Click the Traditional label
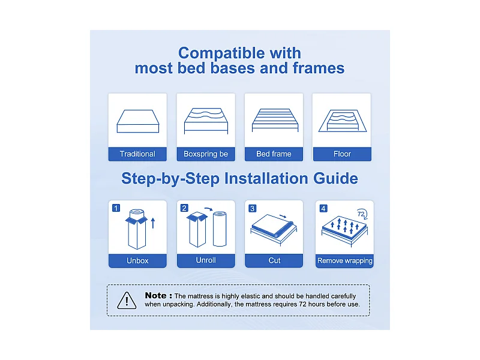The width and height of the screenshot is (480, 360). [137, 154]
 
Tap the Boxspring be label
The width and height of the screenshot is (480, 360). [206, 154]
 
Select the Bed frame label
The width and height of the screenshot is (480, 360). [274, 154]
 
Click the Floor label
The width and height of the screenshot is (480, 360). [342, 154]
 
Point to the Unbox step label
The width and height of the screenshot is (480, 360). [137, 261]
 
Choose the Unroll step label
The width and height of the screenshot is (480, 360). [206, 260]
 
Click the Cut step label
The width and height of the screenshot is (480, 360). [274, 261]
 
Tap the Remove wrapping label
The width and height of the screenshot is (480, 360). [344, 261]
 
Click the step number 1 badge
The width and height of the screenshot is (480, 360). [116, 208]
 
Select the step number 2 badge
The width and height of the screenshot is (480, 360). [185, 208]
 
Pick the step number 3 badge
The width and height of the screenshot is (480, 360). [253, 208]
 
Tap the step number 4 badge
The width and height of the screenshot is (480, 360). [324, 208]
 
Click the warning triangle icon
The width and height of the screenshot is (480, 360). [127, 299]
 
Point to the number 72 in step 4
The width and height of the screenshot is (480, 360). [361, 214]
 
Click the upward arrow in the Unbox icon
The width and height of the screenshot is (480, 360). [153, 224]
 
